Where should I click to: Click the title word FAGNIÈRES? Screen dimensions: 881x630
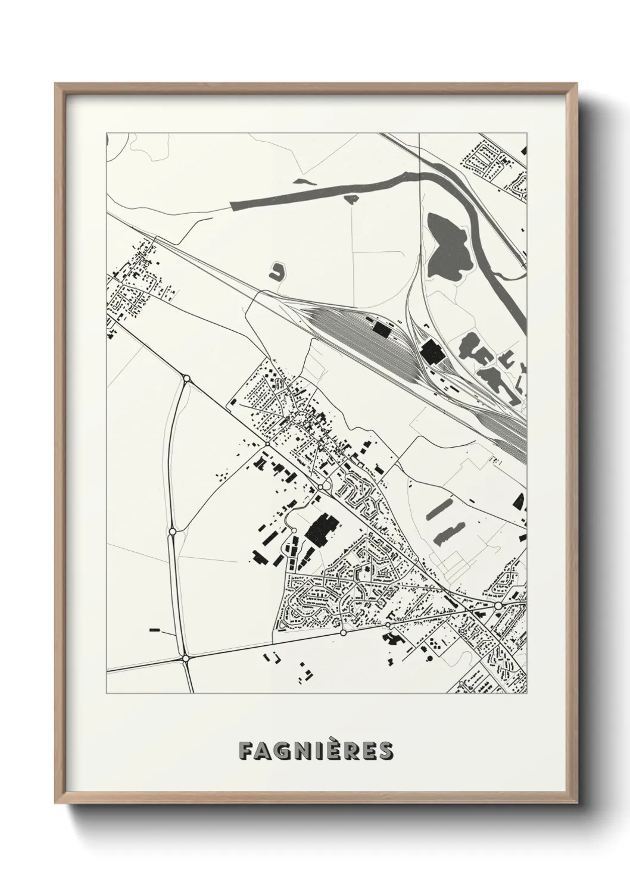(316, 751)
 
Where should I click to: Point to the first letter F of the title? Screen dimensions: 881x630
(245, 751)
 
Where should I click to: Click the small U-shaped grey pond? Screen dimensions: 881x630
(277, 272)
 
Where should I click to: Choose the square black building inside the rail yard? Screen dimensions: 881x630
(380, 328)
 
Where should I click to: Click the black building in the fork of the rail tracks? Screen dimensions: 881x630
(432, 352)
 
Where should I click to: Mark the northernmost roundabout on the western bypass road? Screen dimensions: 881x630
(186, 379)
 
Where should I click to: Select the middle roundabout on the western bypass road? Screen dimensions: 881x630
(172, 531)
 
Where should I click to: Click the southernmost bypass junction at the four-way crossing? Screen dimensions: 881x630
(186, 658)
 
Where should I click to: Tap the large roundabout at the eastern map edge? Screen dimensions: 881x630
(498, 605)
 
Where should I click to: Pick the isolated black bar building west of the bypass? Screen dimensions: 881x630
(155, 629)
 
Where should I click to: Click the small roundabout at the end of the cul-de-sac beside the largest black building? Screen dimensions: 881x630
(294, 531)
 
